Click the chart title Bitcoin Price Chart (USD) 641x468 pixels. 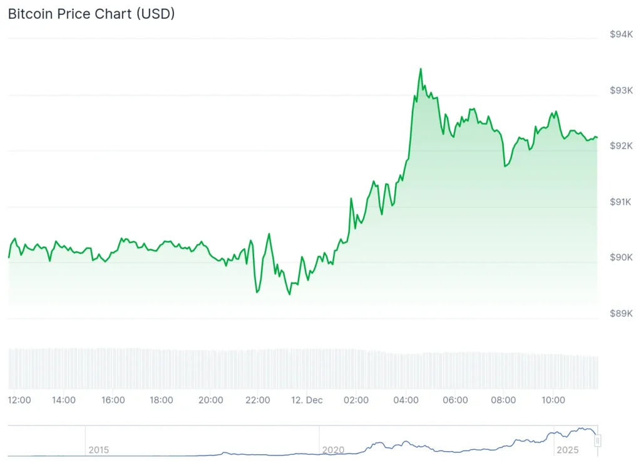pos(91,14)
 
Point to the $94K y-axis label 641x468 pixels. pos(620,34)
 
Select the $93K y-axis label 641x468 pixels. pos(620,90)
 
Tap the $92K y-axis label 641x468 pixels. pos(620,146)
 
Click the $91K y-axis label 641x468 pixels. pos(620,202)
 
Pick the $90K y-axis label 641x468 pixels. pos(620,257)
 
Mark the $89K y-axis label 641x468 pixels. pos(620,313)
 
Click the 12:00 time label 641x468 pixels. pos(20,400)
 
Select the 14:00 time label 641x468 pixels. pos(64,400)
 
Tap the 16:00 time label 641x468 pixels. pos(113,400)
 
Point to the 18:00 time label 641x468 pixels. pos(162,400)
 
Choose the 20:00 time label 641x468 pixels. pos(210,400)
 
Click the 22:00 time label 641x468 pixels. pos(258,400)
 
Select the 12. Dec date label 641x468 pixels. pos(307,400)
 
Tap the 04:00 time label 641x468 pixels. pos(406,400)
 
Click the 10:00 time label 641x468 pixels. pos(553,400)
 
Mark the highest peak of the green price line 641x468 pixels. pos(421,69)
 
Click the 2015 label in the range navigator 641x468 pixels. pos(99,450)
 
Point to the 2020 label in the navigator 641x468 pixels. pos(333,450)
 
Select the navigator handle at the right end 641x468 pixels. pos(598,441)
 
